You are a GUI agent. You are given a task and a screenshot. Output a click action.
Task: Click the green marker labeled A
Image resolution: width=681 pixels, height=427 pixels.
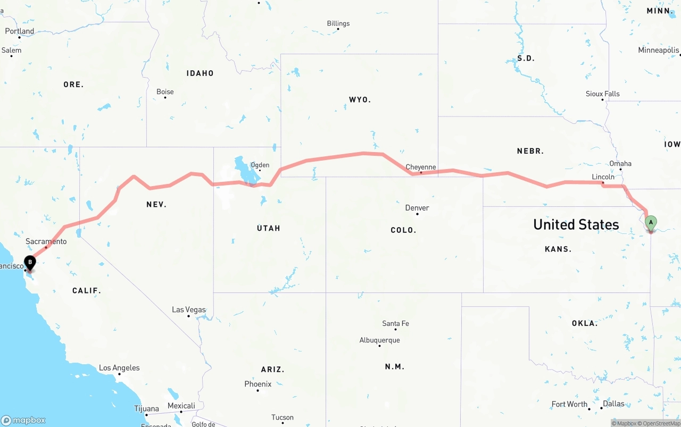tap(651, 223)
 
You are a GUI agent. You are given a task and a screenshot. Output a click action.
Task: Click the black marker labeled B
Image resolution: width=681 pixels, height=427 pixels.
tap(30, 262)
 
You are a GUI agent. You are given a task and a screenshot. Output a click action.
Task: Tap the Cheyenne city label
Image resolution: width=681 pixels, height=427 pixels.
tap(420, 167)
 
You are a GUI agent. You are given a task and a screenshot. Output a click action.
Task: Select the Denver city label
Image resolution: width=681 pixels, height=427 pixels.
tap(417, 208)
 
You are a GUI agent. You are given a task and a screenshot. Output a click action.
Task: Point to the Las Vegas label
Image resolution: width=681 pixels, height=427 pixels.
tap(189, 309)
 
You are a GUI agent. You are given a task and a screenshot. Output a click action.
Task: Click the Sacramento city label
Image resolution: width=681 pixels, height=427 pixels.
tap(46, 241)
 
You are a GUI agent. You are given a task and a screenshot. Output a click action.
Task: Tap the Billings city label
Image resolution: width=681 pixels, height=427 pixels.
tap(338, 23)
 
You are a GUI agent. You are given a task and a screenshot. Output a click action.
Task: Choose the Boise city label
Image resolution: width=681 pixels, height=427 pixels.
tap(165, 92)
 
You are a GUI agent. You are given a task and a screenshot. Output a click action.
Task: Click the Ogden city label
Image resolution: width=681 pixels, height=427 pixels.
tap(260, 165)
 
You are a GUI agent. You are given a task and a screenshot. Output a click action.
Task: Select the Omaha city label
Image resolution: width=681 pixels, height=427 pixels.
tap(620, 164)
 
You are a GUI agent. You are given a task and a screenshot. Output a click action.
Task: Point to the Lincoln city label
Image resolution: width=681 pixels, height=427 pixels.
tap(603, 177)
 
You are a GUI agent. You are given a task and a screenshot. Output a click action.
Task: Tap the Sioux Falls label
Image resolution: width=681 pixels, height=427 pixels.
tap(603, 94)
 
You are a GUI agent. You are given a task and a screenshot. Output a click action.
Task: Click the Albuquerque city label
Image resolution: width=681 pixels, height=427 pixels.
tap(379, 340)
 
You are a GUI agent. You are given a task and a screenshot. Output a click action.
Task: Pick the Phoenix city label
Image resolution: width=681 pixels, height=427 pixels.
tap(258, 384)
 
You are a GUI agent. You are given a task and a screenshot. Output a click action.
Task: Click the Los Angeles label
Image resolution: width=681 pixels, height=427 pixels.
tap(119, 368)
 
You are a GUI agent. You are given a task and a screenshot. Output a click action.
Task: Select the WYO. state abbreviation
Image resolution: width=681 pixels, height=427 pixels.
tap(360, 100)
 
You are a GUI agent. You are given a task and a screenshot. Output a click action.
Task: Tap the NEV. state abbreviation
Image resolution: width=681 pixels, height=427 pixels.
tap(156, 204)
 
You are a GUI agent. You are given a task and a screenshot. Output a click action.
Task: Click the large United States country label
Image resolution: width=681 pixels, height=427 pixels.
tap(576, 224)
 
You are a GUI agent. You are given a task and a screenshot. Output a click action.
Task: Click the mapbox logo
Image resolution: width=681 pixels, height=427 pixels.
tap(23, 420)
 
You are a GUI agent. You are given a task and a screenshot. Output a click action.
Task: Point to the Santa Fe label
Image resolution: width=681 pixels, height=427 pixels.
tap(395, 323)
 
